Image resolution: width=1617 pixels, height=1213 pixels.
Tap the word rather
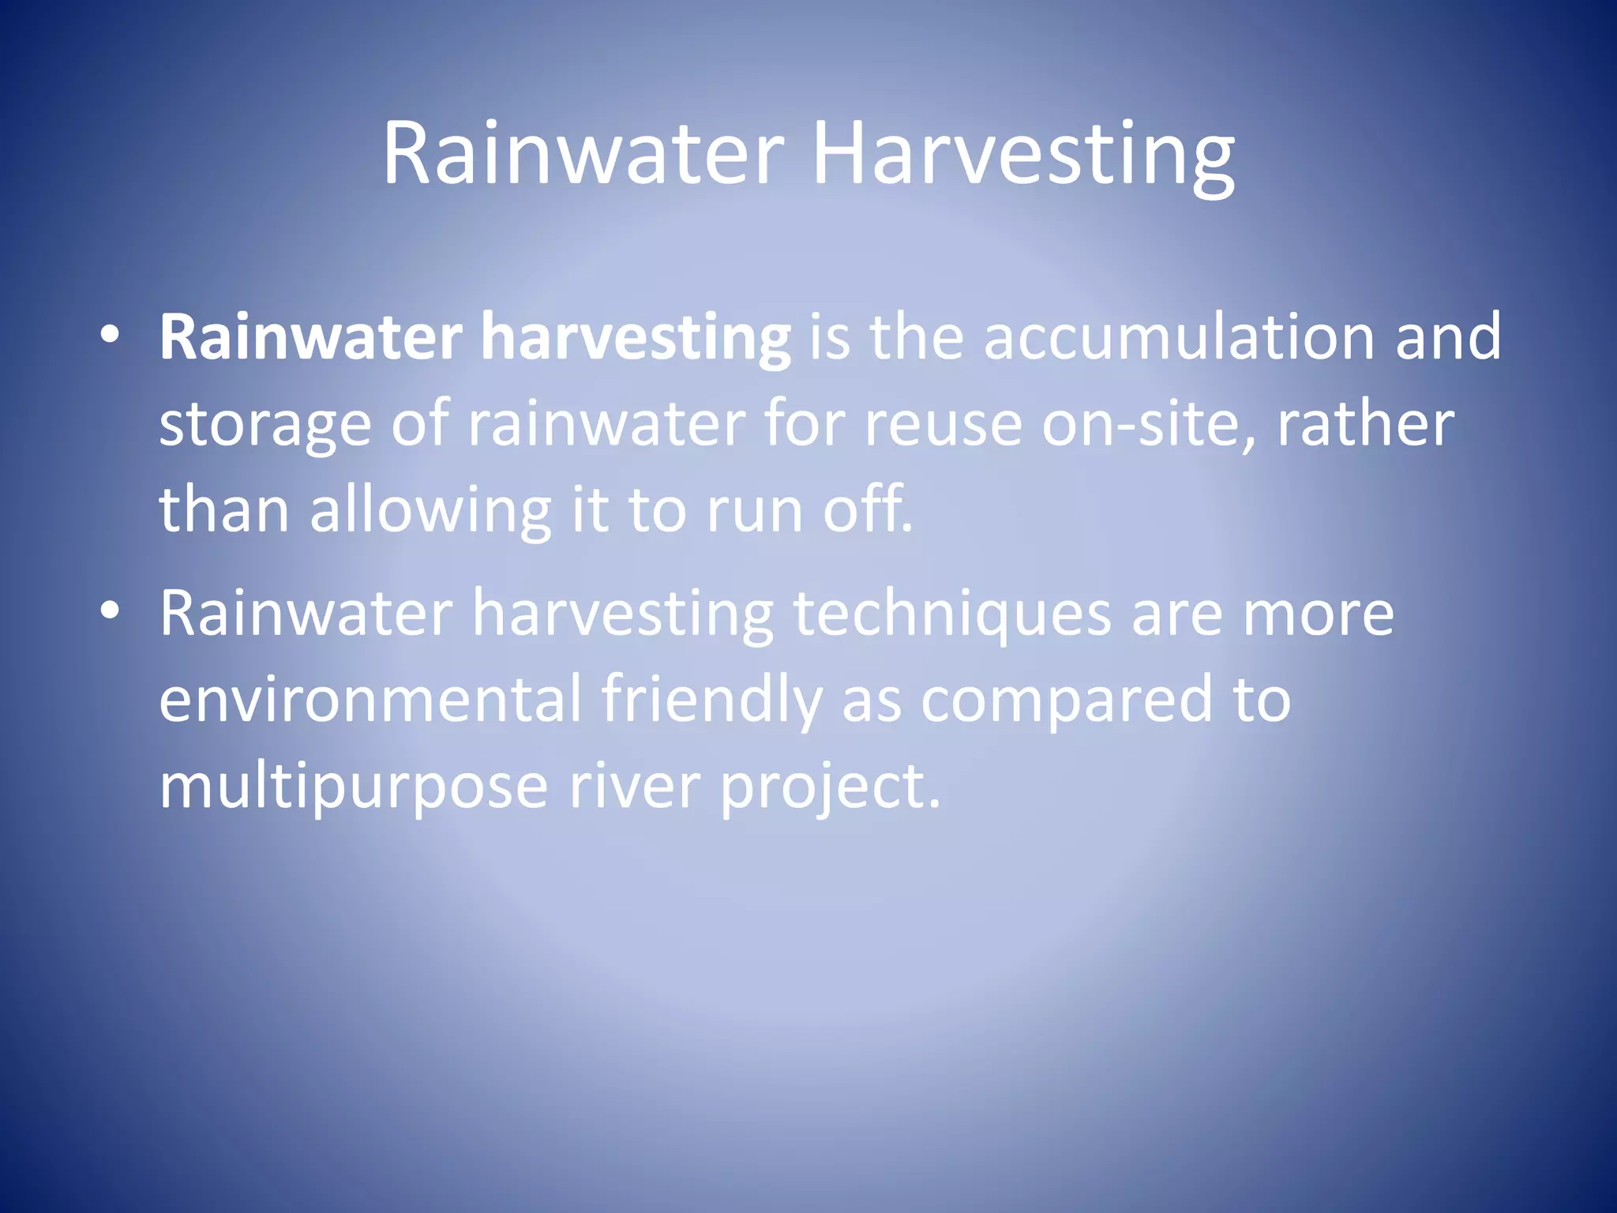pos(1365,425)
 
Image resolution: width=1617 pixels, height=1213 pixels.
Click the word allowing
pos(430,512)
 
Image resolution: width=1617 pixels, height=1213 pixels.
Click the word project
pos(830,788)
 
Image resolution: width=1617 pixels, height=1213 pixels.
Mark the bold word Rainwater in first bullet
pos(311,338)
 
